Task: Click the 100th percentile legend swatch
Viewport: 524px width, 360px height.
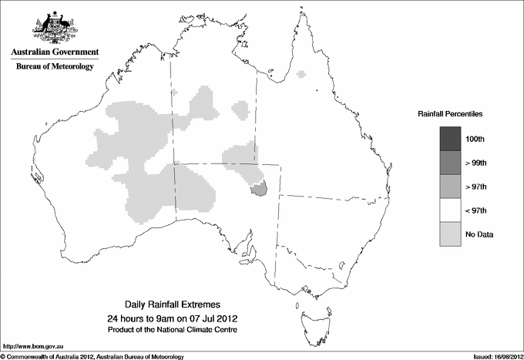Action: tap(450, 138)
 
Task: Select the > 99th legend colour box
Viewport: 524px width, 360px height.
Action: tap(450, 162)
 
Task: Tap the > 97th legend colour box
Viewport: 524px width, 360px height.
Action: tap(450, 186)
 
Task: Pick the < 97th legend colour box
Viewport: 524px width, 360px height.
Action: tap(450, 210)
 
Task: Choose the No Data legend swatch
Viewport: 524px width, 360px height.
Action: tap(450, 234)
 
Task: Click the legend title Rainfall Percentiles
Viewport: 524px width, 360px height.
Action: tap(450, 113)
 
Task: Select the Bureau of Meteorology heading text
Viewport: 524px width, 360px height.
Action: tap(55, 67)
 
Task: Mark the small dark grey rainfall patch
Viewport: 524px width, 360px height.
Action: tap(259, 189)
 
